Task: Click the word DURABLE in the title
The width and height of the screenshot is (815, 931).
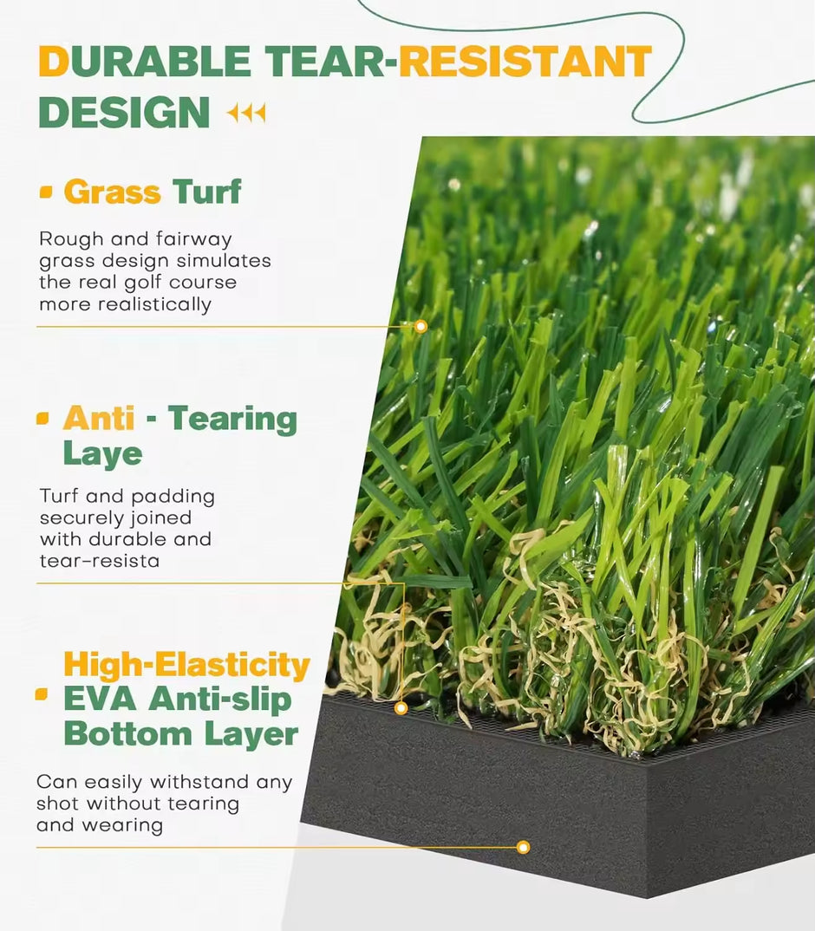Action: (144, 61)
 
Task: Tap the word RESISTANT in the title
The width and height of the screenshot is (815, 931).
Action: (525, 61)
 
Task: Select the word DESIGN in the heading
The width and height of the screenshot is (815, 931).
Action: (124, 112)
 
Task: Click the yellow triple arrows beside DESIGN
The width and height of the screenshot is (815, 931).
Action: (246, 112)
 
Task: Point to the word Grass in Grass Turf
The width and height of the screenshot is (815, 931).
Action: (112, 192)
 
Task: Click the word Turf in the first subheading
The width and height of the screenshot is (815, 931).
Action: (206, 192)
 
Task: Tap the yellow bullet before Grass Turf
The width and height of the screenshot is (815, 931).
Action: (46, 192)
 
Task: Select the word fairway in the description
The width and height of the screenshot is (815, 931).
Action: (193, 239)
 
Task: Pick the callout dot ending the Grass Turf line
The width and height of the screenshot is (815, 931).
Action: (421, 326)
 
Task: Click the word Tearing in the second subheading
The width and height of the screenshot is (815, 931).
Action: (232, 420)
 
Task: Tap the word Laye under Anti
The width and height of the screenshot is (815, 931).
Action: (103, 454)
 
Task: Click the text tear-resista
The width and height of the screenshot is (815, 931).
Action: (100, 561)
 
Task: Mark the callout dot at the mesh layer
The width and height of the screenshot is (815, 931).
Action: (401, 707)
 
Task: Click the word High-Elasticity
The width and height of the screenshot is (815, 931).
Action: (187, 665)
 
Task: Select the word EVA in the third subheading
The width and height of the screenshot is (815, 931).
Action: (101, 699)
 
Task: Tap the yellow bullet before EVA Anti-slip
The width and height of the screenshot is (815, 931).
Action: (42, 694)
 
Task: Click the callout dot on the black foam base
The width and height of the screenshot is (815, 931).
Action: (523, 847)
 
